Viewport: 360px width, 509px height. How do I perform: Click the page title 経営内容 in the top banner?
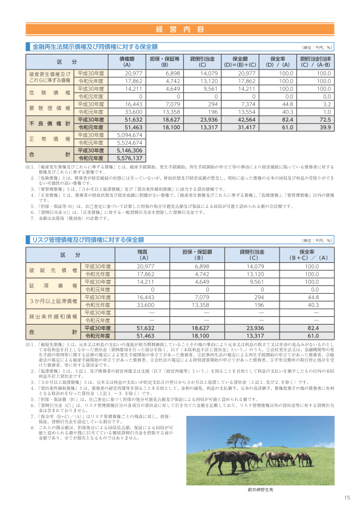point(180,29)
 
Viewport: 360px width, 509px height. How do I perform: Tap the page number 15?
point(347,498)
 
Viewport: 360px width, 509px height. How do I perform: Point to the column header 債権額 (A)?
point(126,62)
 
